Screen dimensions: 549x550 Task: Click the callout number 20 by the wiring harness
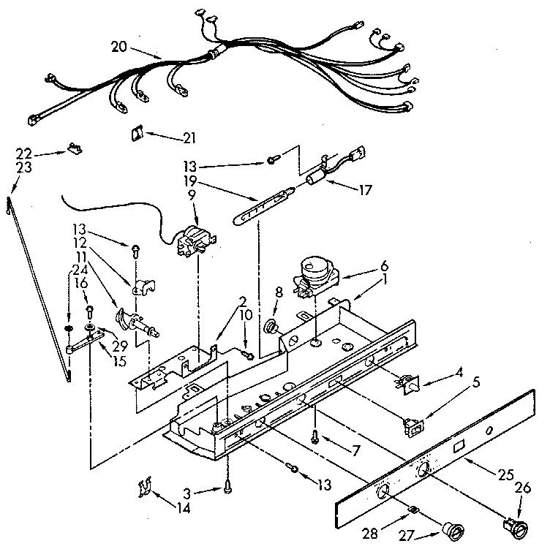[119, 47]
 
